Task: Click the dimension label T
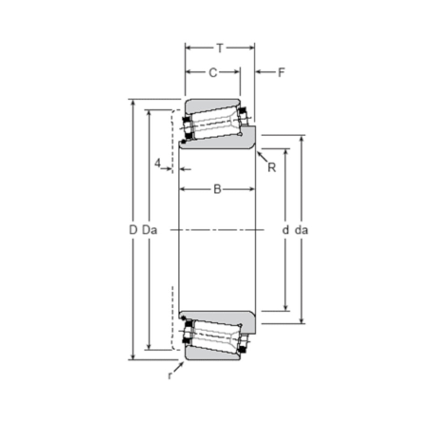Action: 219,48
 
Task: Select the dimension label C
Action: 213,72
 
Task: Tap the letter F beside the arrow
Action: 281,72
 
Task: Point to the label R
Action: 271,168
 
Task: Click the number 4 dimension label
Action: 158,163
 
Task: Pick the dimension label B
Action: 217,189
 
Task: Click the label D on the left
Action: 133,230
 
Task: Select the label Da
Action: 149,230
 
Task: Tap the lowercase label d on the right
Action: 285,230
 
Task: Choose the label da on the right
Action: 301,230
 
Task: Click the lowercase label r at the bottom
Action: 169,375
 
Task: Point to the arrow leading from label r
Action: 179,367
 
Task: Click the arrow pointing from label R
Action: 262,157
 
